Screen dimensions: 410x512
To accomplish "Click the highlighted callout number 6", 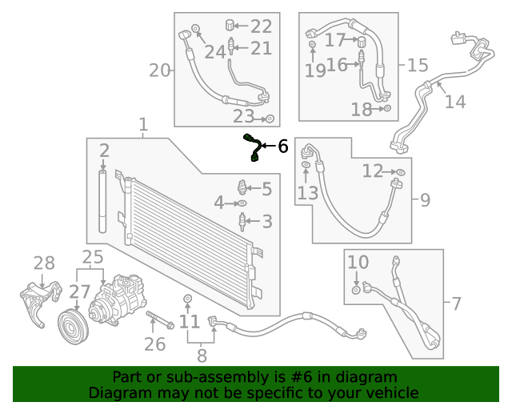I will (x=282, y=147).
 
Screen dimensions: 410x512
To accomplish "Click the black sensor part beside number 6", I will (x=254, y=148).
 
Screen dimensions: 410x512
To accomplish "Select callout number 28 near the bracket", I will (x=44, y=263).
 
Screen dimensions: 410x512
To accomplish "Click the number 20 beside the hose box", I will (x=160, y=70).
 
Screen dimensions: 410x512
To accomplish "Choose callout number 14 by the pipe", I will (x=454, y=102).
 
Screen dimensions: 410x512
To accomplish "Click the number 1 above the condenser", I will (x=143, y=125).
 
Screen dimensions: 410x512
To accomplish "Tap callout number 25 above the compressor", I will (x=93, y=257).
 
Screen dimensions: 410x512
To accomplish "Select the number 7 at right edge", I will (x=456, y=303).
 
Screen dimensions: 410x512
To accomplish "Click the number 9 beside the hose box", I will (x=424, y=199).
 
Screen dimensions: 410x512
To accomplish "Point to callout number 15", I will (x=418, y=66).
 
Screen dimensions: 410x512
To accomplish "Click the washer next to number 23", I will (x=270, y=119).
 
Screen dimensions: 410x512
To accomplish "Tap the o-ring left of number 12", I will (x=401, y=172).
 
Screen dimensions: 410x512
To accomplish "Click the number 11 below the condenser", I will (x=189, y=322).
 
